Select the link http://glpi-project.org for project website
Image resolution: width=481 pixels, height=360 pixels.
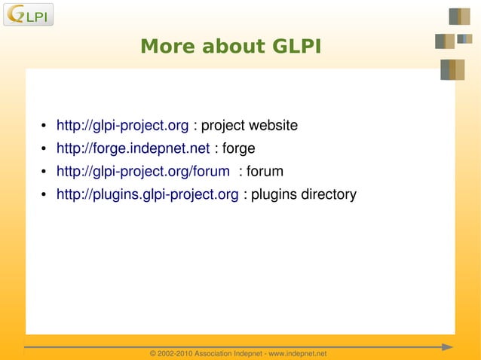[x=122, y=124]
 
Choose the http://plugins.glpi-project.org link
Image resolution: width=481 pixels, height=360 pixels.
[x=147, y=194]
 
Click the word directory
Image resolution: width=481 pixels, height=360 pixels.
[x=329, y=194]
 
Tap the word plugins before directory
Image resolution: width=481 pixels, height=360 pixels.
[x=274, y=194]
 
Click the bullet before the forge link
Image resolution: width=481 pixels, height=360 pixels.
[x=44, y=148]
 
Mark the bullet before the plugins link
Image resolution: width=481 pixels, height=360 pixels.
[x=44, y=195]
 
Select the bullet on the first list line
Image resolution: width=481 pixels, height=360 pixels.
[x=44, y=125]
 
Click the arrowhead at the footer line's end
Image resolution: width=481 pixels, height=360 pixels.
[x=447, y=347]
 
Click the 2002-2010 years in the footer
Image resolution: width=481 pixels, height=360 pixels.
[x=176, y=353]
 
